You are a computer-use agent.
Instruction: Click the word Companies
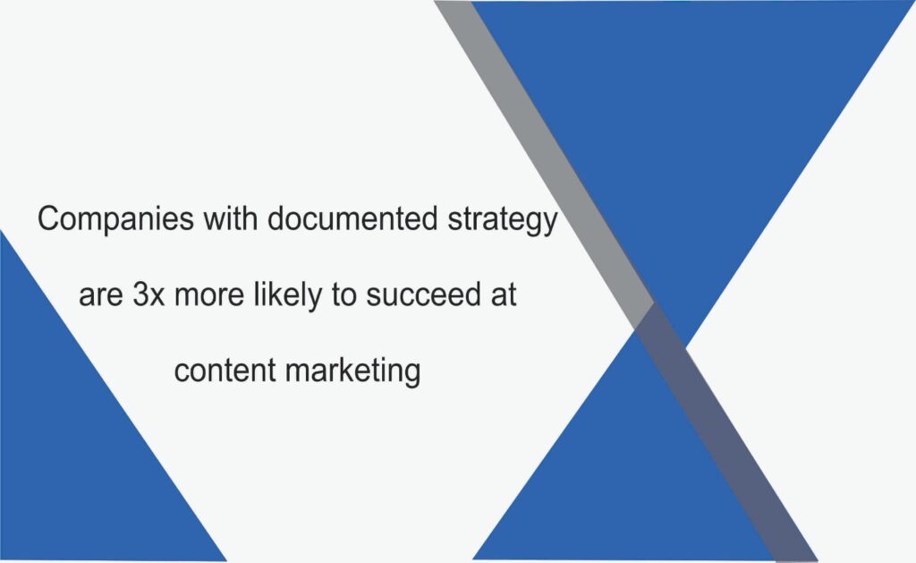115,220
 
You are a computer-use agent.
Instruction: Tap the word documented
352,218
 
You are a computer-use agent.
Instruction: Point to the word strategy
503,220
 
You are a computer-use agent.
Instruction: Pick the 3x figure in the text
148,294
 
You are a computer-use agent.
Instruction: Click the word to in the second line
343,294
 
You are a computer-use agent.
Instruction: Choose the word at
504,294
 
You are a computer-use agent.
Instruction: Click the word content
225,371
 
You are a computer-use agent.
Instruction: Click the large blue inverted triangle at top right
690,117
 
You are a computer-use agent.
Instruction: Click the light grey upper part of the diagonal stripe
543,158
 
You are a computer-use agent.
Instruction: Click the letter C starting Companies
49,218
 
